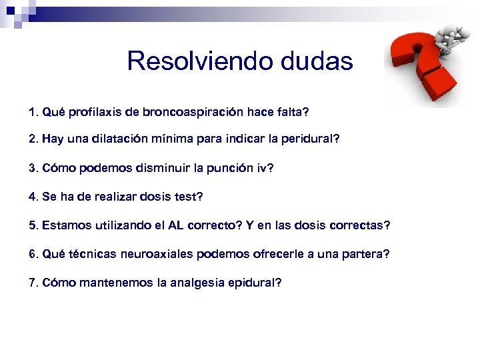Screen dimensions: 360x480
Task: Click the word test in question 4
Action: [x=189, y=197]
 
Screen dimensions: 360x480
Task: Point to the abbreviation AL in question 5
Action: [x=176, y=225]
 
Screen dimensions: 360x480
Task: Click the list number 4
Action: [x=33, y=197]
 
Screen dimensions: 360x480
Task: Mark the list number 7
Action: [x=33, y=283]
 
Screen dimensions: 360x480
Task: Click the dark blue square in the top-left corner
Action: [x=10, y=10]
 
